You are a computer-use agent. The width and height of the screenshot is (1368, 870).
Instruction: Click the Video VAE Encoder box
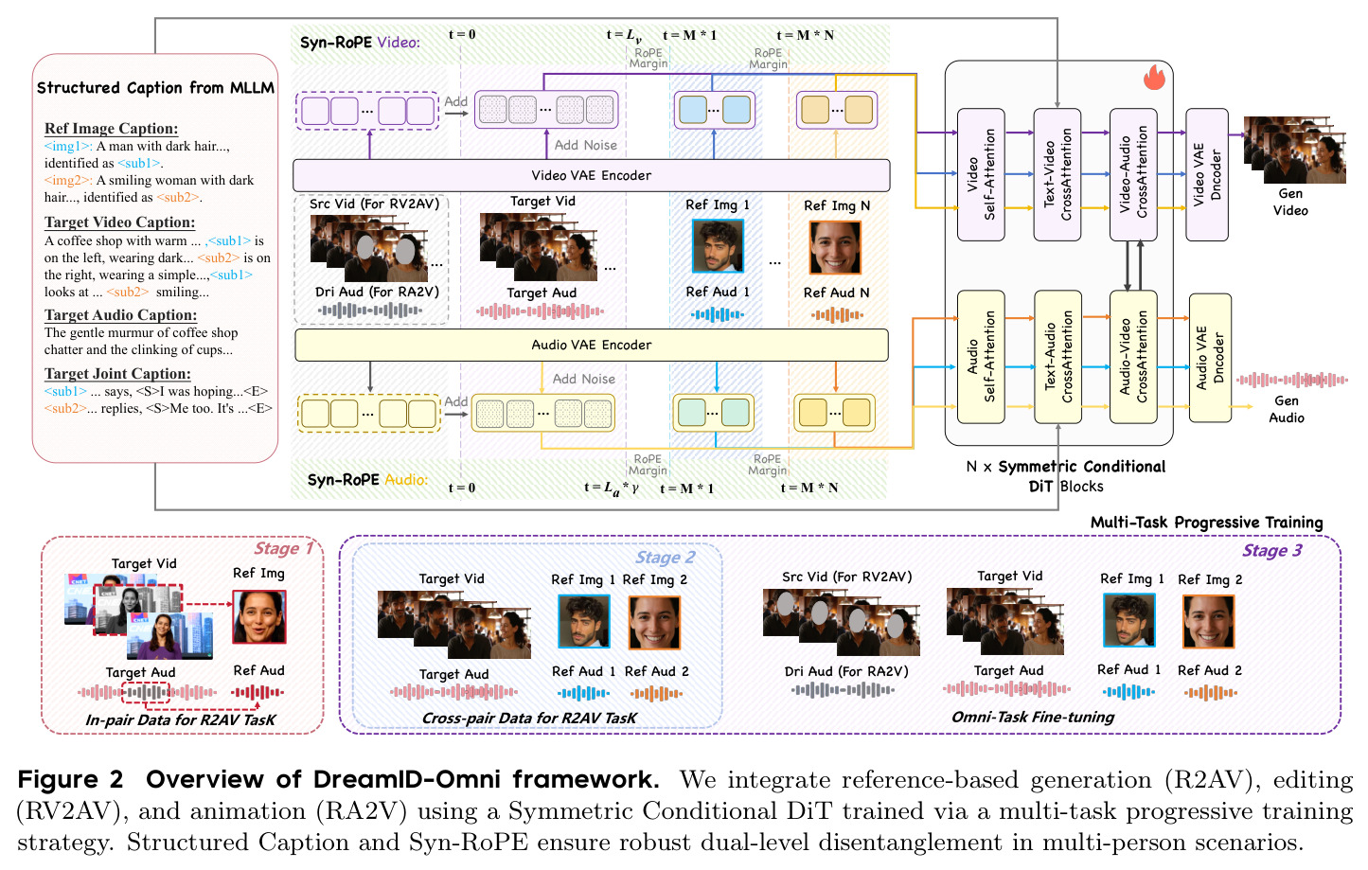(x=591, y=175)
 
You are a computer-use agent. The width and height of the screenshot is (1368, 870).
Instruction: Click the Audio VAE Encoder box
(x=591, y=345)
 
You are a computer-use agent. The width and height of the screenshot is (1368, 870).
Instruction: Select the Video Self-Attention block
(x=981, y=174)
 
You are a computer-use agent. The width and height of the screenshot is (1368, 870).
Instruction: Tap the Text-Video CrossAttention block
(x=1057, y=174)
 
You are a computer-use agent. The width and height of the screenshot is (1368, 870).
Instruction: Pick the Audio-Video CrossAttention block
(x=1133, y=357)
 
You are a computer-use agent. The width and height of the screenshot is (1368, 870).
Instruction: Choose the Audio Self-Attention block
(x=981, y=357)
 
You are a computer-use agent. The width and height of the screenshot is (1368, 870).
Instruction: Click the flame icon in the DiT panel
(x=1154, y=78)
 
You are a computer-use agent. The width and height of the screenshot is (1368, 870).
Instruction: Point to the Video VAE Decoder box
(x=1207, y=174)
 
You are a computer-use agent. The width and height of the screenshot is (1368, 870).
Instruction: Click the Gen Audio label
(x=1287, y=409)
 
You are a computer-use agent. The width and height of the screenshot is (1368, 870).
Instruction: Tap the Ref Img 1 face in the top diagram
(x=718, y=246)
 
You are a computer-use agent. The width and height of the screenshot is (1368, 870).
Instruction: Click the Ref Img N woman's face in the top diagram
(x=835, y=247)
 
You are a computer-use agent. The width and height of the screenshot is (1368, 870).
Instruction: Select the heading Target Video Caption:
(x=119, y=222)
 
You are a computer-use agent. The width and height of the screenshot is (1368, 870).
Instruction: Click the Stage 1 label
(x=283, y=548)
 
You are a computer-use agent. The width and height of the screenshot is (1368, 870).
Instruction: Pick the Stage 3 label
(x=1272, y=551)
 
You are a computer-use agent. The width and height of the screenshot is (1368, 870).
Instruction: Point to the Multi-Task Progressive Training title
(x=1207, y=523)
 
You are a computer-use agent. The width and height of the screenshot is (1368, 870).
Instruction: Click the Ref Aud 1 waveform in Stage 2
(x=583, y=694)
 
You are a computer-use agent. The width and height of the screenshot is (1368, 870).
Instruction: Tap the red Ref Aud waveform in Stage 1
(x=258, y=692)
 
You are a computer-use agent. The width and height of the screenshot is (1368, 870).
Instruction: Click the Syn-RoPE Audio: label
(x=367, y=480)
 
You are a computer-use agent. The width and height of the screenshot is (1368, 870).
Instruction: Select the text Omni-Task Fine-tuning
(x=1033, y=717)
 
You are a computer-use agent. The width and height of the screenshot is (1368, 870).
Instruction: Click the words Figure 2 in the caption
(x=70, y=780)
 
